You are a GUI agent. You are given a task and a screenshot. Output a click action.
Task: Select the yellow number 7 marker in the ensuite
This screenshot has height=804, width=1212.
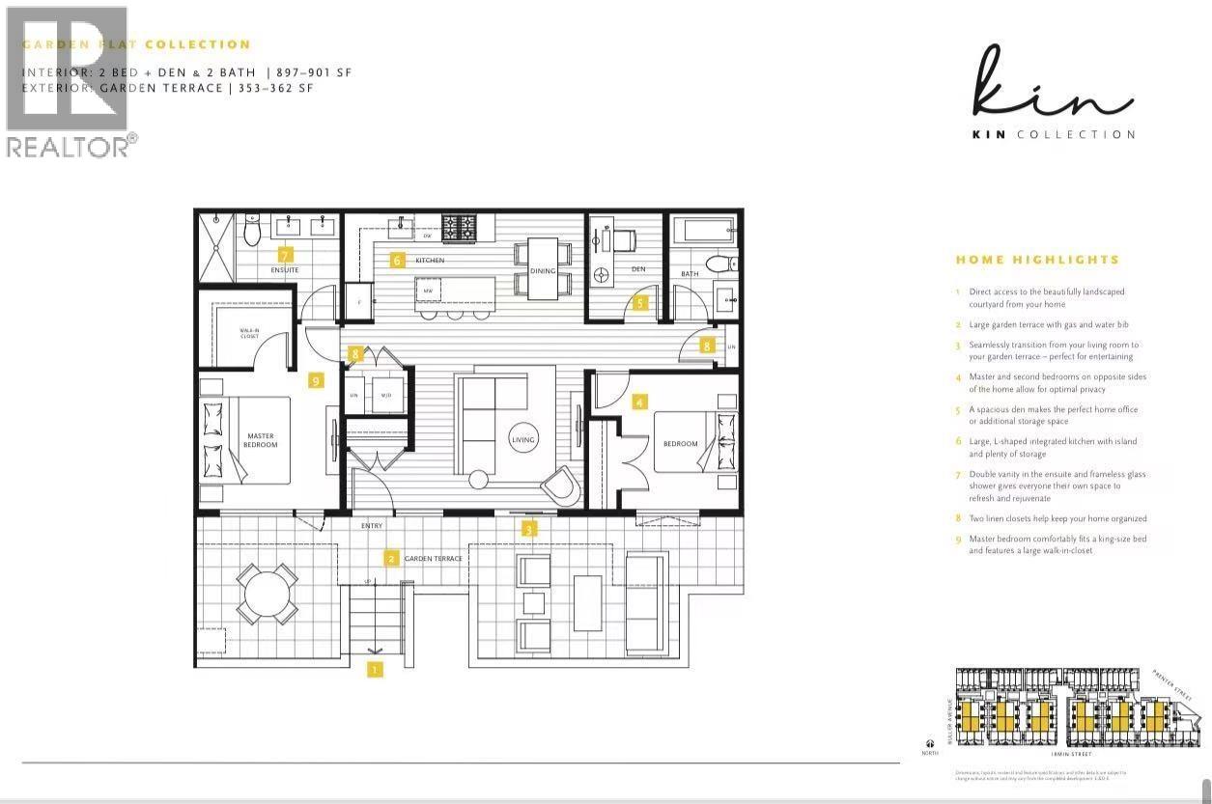pyautogui.click(x=285, y=255)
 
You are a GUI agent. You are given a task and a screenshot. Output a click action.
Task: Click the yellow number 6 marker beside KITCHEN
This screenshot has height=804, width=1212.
pyautogui.click(x=396, y=260)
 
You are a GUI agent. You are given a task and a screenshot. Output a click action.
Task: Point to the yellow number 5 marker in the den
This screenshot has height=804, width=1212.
pyautogui.click(x=639, y=302)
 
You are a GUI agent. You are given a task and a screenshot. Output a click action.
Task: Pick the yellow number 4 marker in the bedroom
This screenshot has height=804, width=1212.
pyautogui.click(x=639, y=401)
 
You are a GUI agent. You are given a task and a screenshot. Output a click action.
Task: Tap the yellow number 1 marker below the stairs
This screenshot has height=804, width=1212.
pyautogui.click(x=375, y=668)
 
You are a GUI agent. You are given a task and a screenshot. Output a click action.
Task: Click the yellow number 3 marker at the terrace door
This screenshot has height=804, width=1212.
pyautogui.click(x=529, y=529)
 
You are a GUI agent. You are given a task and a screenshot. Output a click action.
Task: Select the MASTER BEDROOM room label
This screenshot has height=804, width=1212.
pyautogui.click(x=261, y=440)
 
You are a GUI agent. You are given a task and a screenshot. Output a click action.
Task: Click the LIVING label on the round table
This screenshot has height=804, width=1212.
pyautogui.click(x=522, y=440)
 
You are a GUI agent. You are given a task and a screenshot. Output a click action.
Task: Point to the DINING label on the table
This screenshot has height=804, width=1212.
pyautogui.click(x=543, y=271)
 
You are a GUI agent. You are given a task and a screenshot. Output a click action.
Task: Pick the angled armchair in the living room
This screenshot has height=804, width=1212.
pyautogui.click(x=562, y=485)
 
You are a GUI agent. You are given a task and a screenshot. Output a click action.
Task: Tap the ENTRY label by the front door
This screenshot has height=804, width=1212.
pyautogui.click(x=372, y=526)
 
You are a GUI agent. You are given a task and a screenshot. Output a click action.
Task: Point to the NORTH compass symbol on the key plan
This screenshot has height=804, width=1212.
pyautogui.click(x=929, y=744)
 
